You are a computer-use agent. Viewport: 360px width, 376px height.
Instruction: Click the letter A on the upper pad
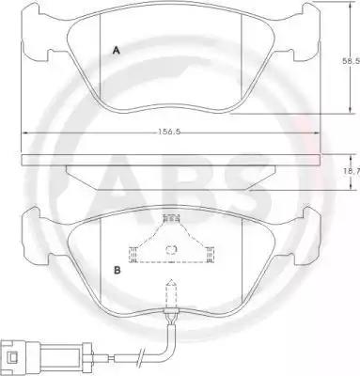117,51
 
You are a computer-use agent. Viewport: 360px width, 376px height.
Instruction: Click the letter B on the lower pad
117,270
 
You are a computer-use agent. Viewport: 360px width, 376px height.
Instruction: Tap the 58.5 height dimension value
351,61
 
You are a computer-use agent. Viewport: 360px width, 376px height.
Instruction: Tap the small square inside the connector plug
13,357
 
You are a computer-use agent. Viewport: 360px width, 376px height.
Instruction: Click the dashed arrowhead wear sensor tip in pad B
171,283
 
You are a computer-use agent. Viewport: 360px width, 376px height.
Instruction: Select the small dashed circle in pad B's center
171,249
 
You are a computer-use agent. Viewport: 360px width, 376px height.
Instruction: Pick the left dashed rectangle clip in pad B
133,254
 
